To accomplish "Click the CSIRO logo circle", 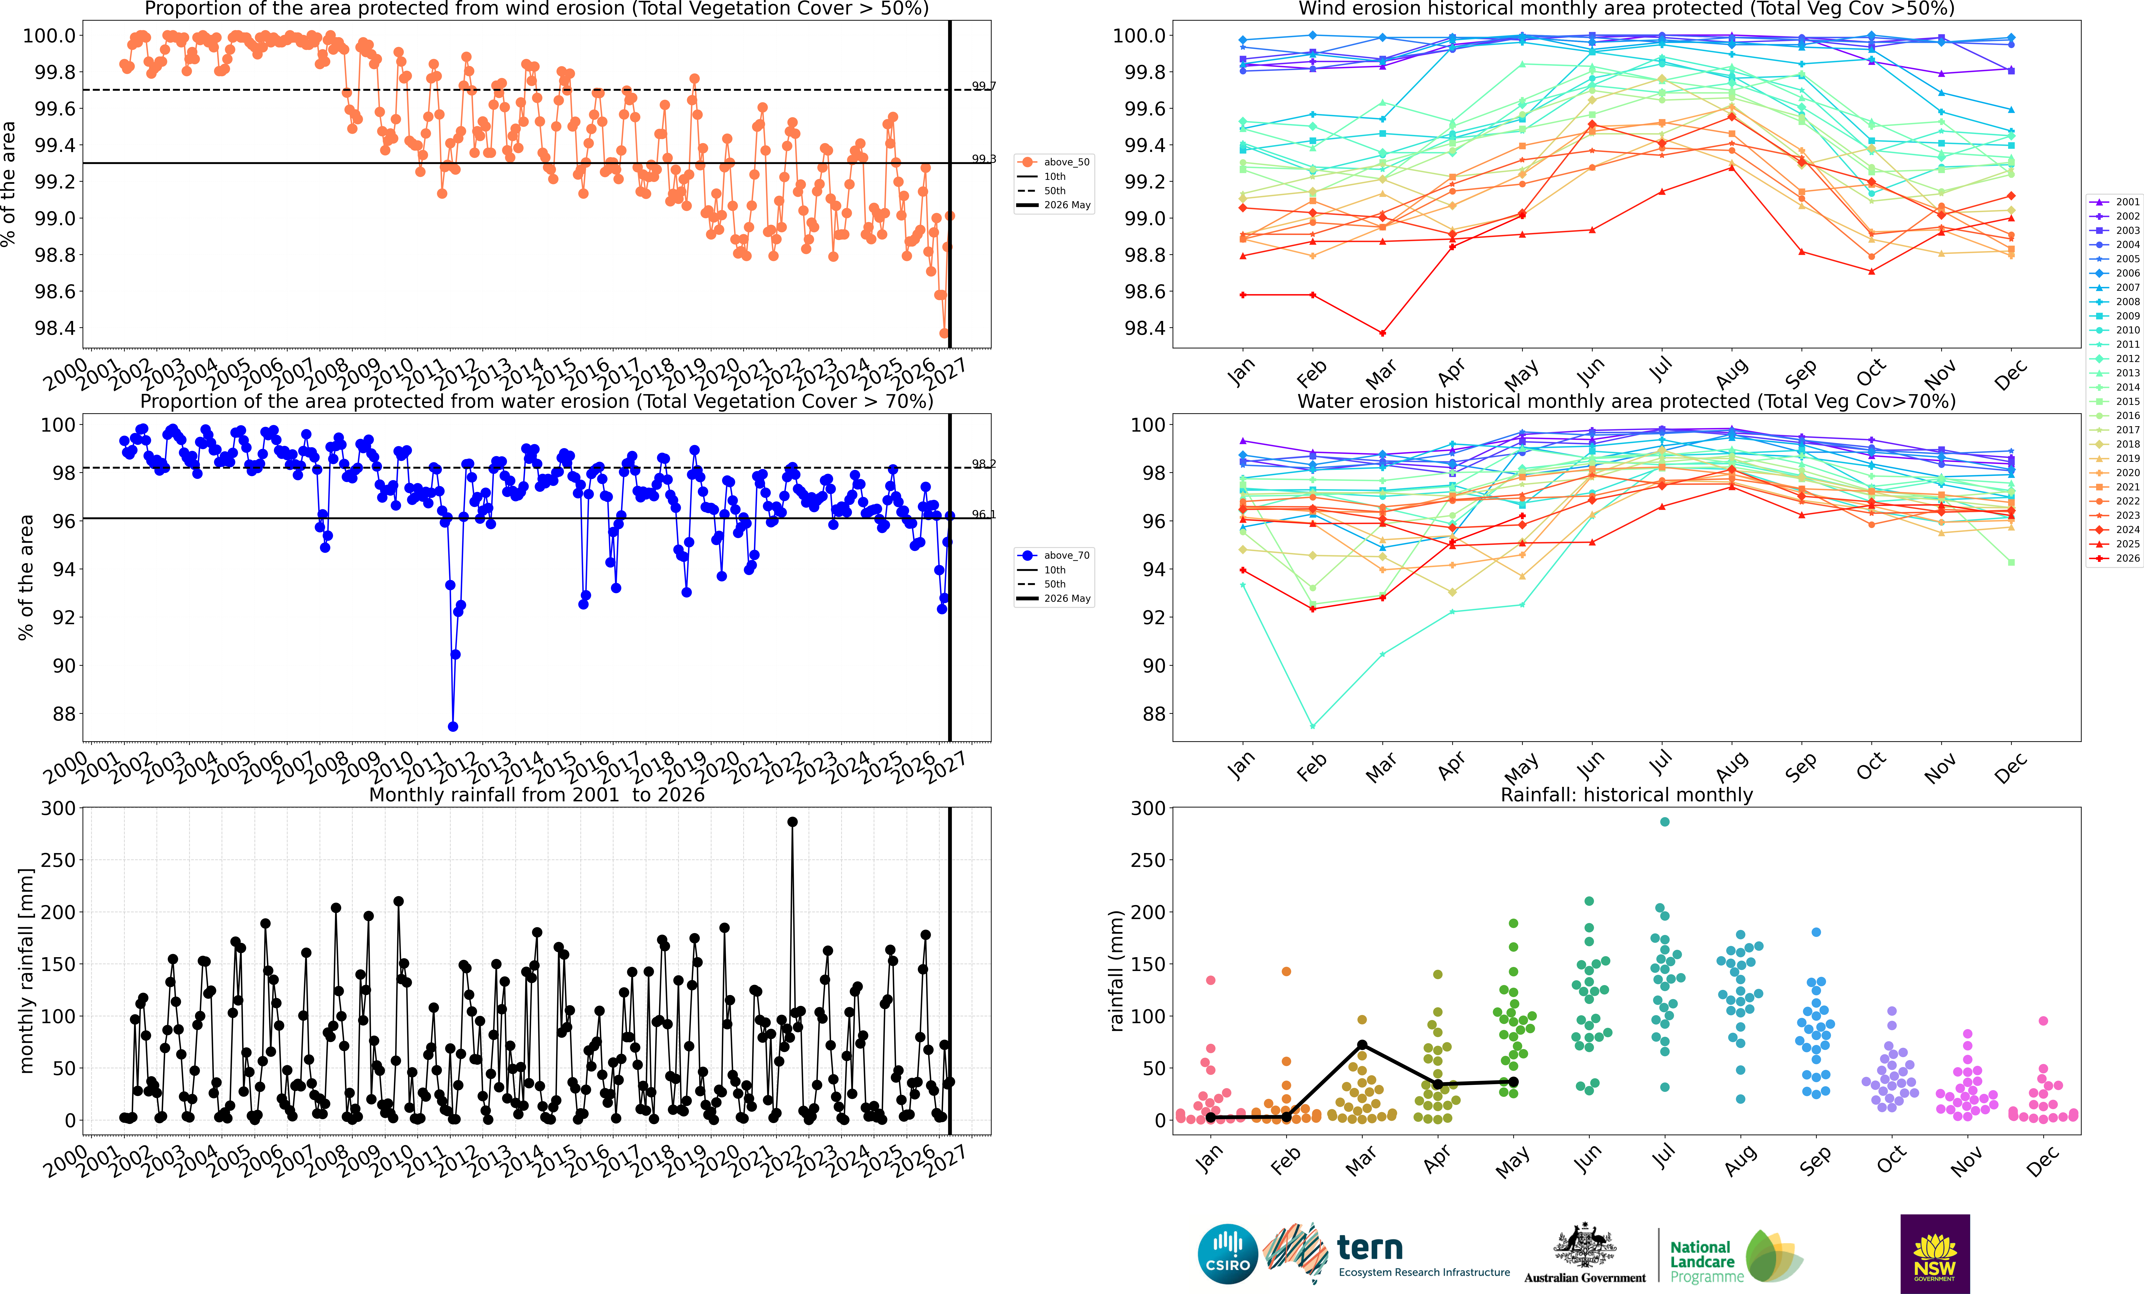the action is click(x=1228, y=1254).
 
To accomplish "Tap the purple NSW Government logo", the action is click(x=1935, y=1254).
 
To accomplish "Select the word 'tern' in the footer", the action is click(x=1370, y=1248).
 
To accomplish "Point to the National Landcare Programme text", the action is click(x=1706, y=1262).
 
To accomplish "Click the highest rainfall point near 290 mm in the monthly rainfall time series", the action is click(x=792, y=822).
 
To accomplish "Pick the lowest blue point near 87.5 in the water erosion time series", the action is click(x=452, y=727).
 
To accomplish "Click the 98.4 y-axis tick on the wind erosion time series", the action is click(x=55, y=328).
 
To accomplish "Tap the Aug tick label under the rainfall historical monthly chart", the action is click(x=1741, y=1162).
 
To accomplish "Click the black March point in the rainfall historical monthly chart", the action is click(x=1362, y=1045).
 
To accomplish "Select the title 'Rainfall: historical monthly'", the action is click(x=1626, y=795).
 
